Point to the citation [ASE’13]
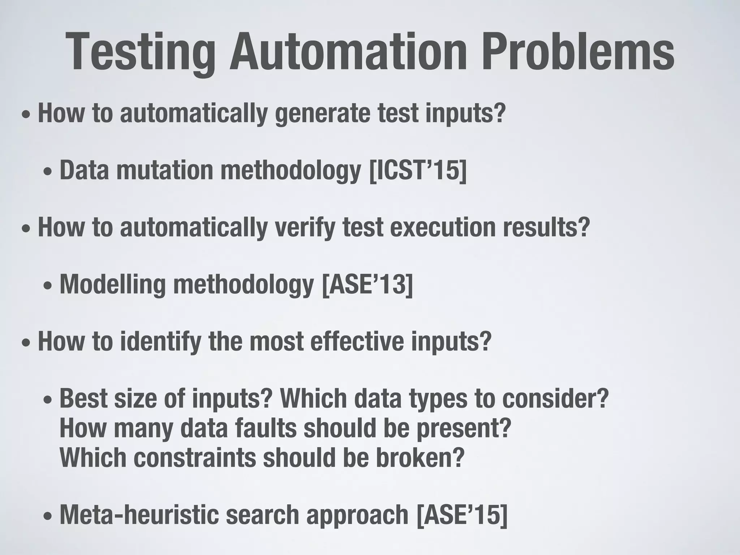click(x=367, y=284)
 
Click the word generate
click(x=323, y=113)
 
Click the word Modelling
click(x=112, y=284)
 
